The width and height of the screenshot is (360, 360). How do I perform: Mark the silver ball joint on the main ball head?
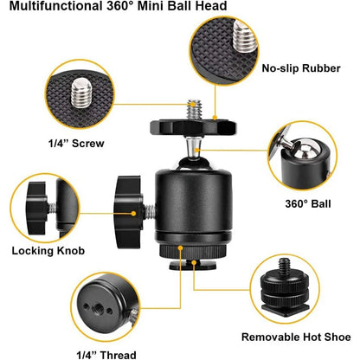pos(196,150)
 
